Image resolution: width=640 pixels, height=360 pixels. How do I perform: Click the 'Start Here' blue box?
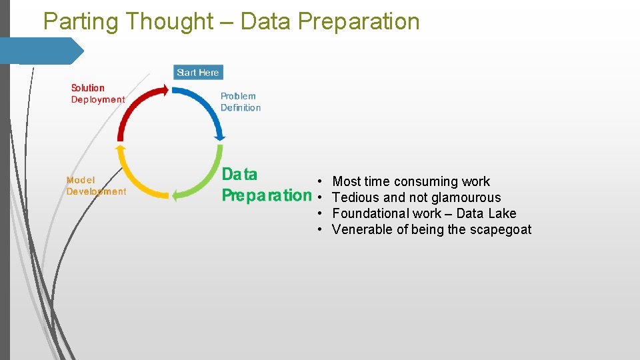click(198, 72)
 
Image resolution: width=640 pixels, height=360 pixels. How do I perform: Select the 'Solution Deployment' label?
click(97, 94)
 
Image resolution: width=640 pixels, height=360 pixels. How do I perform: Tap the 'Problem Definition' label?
click(240, 102)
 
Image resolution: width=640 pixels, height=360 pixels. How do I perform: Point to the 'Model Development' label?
click(95, 186)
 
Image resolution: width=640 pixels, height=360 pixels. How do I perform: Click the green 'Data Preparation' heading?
click(265, 185)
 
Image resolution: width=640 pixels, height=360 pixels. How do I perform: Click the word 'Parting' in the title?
click(81, 21)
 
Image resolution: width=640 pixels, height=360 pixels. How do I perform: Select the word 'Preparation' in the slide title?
click(359, 21)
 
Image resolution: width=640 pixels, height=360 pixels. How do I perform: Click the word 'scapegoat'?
click(500, 229)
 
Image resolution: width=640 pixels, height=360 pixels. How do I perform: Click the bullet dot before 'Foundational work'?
click(321, 213)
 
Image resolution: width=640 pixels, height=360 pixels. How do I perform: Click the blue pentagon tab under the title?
click(40, 51)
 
